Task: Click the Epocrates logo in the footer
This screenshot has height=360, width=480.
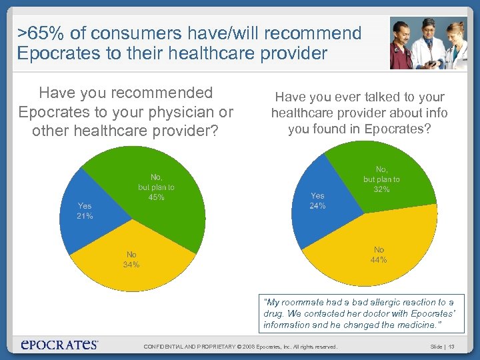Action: [60, 345]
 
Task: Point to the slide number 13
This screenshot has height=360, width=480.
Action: [451, 346]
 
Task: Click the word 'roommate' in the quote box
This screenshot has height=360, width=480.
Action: [297, 303]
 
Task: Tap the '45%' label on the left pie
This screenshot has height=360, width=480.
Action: [157, 197]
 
